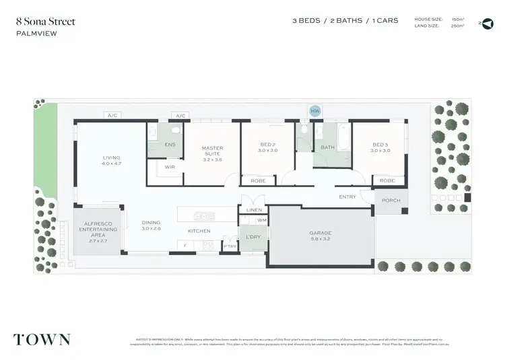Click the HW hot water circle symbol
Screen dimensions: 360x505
pos(314,110)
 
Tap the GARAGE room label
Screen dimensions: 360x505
pos(321,233)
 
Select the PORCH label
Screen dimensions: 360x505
pos(391,201)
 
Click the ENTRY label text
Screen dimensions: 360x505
pos(347,196)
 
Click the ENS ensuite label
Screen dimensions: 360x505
pos(170,145)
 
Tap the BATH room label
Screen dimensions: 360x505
pos(327,147)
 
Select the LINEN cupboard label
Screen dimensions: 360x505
pos(254,211)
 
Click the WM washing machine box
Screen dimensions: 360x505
pos(261,220)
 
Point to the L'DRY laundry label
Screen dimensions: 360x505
pos(254,237)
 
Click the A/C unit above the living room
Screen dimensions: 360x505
pos(112,116)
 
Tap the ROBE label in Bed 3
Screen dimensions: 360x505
pos(386,180)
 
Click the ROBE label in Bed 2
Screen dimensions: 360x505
pos(258,180)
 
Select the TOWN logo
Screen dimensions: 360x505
pos(42,338)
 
